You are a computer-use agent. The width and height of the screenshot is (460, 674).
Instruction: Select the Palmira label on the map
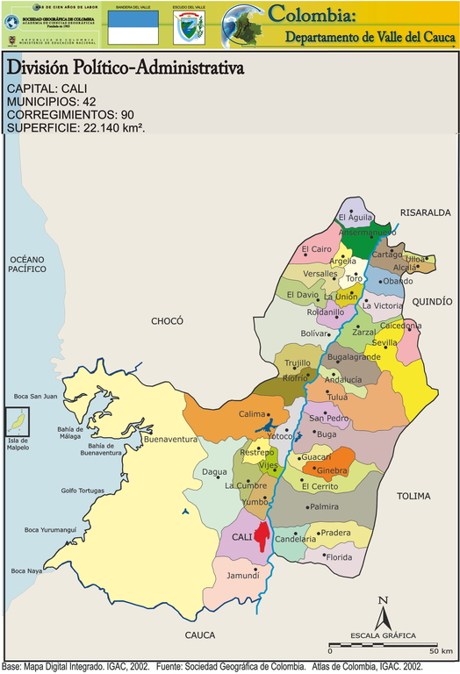(x=324, y=507)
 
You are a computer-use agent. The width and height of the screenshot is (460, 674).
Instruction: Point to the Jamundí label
(x=241, y=576)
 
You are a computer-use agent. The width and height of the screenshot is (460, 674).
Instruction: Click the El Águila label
(x=356, y=218)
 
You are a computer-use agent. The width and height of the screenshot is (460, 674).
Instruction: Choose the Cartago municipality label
(x=386, y=255)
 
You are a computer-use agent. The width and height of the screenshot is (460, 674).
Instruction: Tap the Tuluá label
(x=337, y=397)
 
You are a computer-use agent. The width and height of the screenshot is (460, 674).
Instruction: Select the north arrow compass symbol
(x=382, y=614)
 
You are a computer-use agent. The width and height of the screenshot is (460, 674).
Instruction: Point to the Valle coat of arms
(x=188, y=28)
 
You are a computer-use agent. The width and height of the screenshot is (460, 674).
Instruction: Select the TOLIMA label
(x=413, y=496)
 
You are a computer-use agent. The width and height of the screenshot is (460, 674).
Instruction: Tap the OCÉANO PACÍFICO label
(x=27, y=264)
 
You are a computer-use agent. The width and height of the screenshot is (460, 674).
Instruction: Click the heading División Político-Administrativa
(x=126, y=69)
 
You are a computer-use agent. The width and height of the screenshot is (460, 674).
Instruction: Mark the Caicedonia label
(x=400, y=326)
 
